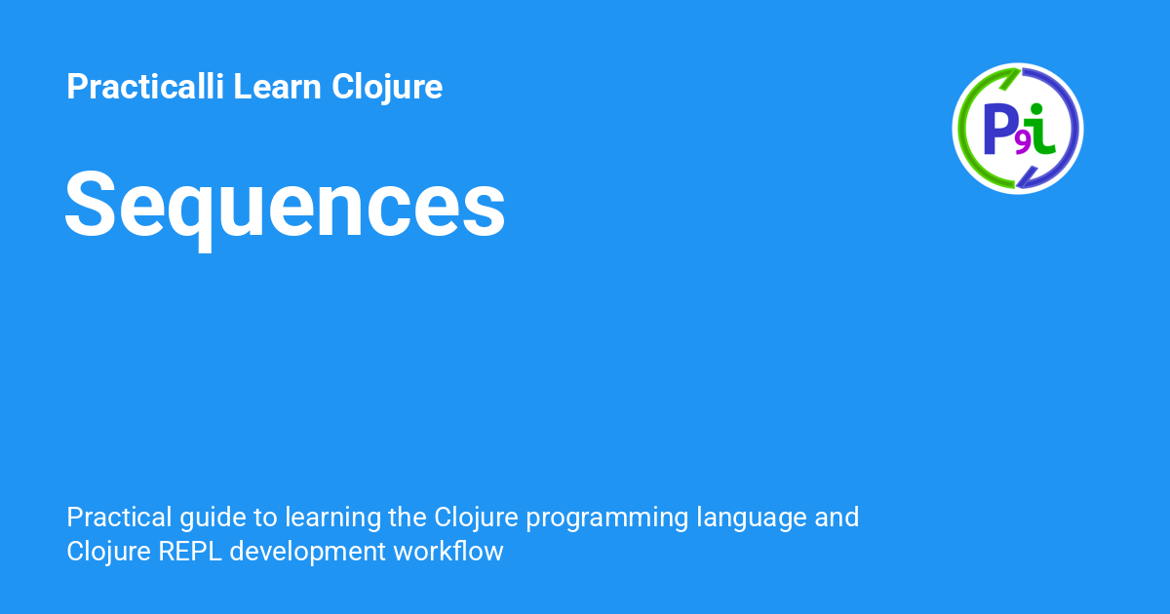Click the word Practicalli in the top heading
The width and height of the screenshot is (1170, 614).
(145, 87)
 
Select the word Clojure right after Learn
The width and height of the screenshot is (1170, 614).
(387, 87)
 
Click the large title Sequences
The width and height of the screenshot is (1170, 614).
(285, 207)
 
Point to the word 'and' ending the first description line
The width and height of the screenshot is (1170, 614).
(837, 517)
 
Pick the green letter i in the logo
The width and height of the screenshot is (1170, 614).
(1042, 129)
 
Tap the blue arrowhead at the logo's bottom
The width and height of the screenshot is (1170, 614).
(1023, 179)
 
